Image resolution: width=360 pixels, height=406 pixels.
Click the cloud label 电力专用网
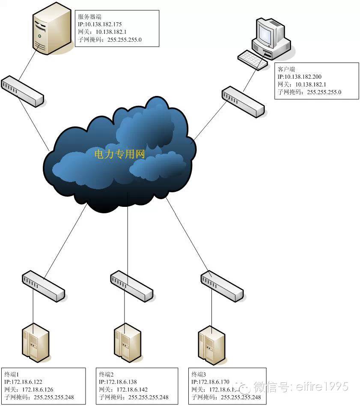120,154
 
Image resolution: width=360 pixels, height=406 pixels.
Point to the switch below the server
22,91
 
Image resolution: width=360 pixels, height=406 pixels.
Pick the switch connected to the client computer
243,101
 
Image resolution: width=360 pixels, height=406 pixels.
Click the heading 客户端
286,69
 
